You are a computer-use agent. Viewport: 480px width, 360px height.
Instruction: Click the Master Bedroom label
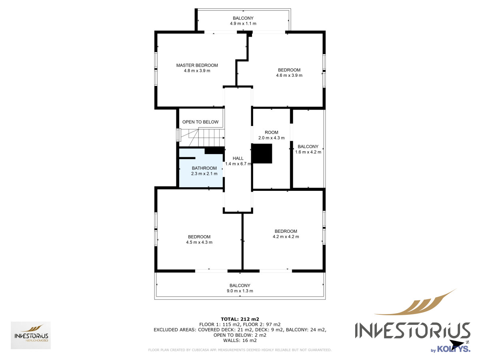pos(197,65)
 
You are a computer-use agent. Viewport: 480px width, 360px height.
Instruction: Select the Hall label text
pos(238,158)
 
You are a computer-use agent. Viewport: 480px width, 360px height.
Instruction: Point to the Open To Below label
pos(200,122)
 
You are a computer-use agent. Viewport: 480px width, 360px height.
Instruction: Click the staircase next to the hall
pos(202,138)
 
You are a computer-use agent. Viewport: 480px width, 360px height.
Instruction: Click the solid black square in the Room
pos(262,154)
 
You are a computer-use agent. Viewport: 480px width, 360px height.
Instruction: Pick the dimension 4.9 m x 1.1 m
pos(243,23)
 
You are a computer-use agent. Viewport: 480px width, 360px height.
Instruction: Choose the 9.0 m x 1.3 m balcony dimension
pos(240,291)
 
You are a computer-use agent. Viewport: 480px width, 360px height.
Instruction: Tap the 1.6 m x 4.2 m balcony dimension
pos(308,152)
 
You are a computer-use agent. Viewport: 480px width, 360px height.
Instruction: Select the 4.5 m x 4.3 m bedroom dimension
pos(199,242)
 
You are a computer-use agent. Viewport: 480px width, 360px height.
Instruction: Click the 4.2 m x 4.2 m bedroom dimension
pos(286,236)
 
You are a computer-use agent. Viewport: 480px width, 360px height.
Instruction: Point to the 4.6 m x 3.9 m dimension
pos(289,75)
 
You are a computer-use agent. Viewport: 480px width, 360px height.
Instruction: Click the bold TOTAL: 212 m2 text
pos(240,319)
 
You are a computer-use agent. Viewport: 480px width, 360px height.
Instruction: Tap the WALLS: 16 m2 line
pos(240,340)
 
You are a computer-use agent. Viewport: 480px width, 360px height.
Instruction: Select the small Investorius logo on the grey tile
pos(31,335)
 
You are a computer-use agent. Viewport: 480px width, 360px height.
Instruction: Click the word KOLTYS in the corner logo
pos(454,349)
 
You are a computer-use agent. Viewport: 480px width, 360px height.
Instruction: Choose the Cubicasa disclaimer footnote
pos(240,350)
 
